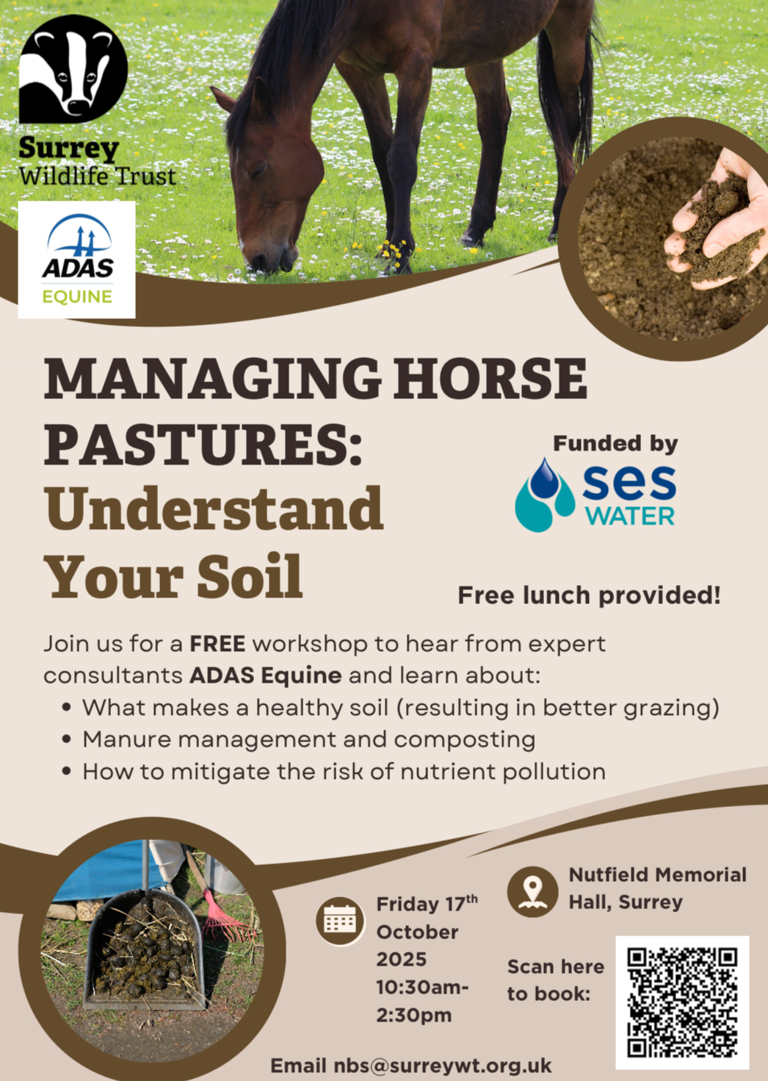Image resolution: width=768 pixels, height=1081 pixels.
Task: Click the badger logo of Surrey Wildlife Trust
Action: (x=73, y=68)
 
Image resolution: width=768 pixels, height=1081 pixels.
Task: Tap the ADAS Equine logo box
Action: (x=76, y=259)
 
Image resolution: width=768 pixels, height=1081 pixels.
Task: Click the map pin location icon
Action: (x=533, y=891)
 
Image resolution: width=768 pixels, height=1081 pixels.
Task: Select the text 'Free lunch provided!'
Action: (x=589, y=595)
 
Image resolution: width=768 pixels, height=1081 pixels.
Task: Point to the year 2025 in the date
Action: (x=402, y=972)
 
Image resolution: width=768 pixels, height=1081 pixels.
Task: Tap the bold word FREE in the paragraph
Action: (x=217, y=644)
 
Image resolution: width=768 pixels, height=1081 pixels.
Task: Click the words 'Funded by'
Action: (x=615, y=444)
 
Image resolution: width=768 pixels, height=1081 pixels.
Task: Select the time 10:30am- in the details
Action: (x=422, y=1001)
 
